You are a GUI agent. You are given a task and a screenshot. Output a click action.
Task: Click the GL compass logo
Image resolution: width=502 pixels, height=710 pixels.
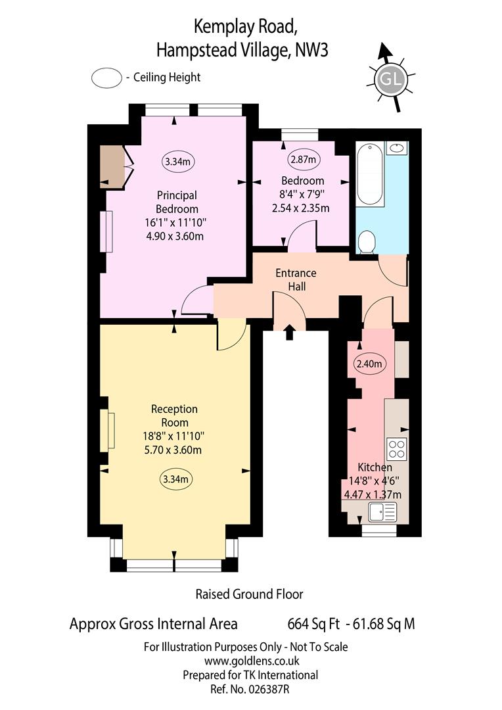click(x=391, y=80)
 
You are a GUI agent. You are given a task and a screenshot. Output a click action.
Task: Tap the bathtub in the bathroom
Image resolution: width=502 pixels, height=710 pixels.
click(x=371, y=175)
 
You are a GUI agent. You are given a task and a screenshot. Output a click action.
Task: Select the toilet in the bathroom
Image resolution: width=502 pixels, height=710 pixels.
click(x=366, y=242)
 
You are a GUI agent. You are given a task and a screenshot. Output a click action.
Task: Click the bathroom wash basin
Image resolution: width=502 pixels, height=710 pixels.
click(x=397, y=148)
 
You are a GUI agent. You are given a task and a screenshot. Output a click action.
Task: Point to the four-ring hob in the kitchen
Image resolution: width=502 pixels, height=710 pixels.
click(x=396, y=449)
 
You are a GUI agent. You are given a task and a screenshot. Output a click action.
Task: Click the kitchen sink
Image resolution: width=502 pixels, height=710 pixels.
click(x=382, y=511)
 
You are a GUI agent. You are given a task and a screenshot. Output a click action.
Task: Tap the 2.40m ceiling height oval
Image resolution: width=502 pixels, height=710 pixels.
click(x=369, y=364)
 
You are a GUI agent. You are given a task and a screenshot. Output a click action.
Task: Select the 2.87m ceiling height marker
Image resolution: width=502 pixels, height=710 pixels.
click(x=303, y=159)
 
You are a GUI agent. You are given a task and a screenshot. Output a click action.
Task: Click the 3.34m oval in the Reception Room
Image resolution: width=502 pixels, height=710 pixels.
click(x=176, y=479)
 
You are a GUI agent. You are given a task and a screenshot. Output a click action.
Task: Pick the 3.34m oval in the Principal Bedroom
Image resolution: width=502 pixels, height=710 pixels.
click(x=178, y=161)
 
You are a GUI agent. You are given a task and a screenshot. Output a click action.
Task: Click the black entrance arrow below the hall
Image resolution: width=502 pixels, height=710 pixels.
click(x=290, y=332)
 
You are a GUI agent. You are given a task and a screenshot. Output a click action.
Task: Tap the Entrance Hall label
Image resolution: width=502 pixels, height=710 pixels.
click(x=296, y=279)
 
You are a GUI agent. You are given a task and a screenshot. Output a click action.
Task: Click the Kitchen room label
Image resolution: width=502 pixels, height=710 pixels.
click(x=375, y=467)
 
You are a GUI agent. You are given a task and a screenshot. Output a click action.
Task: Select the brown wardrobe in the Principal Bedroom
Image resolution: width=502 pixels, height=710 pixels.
click(x=112, y=166)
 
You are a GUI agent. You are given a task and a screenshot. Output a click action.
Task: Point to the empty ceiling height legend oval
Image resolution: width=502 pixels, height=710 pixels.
click(x=107, y=78)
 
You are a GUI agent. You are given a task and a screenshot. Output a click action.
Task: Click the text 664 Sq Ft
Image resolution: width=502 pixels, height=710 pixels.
click(x=313, y=624)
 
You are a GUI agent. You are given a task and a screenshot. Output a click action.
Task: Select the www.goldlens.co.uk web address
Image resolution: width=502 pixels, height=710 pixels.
click(x=252, y=661)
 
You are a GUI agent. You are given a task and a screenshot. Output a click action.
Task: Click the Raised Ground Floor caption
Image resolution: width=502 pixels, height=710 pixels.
click(x=250, y=594)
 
